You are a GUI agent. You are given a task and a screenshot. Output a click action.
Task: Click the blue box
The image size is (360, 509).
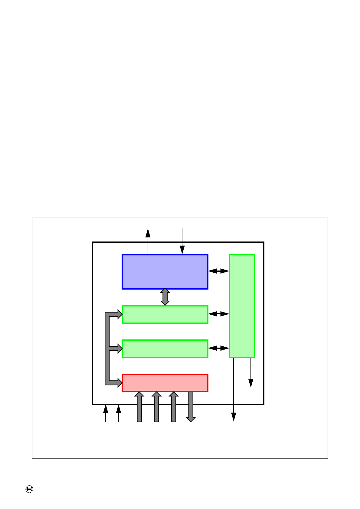(x=165, y=272)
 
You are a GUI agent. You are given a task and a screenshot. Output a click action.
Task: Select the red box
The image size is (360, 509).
(x=165, y=383)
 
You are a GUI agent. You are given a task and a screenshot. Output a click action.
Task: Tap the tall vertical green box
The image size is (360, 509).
(x=242, y=306)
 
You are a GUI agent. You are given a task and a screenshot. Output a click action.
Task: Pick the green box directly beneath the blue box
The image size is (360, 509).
(x=165, y=314)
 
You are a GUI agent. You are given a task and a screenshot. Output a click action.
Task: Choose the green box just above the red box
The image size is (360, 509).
(x=165, y=349)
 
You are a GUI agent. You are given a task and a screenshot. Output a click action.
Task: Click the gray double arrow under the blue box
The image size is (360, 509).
(x=165, y=297)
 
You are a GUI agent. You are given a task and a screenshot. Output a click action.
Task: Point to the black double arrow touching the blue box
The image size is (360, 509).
(x=219, y=271)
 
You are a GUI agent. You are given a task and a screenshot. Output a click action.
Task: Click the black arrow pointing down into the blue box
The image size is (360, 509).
(x=182, y=242)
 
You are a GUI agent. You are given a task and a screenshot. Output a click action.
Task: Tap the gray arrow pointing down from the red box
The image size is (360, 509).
(x=191, y=407)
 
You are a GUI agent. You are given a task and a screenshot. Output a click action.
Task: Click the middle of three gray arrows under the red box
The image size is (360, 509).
(x=156, y=407)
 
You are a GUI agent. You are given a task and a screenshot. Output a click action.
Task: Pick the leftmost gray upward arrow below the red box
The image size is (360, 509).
(x=139, y=407)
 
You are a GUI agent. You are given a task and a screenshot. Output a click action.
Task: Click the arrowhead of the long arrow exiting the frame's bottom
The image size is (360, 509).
(x=234, y=417)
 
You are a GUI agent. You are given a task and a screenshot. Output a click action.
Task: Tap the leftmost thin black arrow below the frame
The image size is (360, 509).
(x=106, y=413)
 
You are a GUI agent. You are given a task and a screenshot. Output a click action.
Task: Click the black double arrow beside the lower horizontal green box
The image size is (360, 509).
(x=219, y=348)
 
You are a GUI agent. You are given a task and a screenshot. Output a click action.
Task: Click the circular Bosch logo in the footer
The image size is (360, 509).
(x=29, y=489)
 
